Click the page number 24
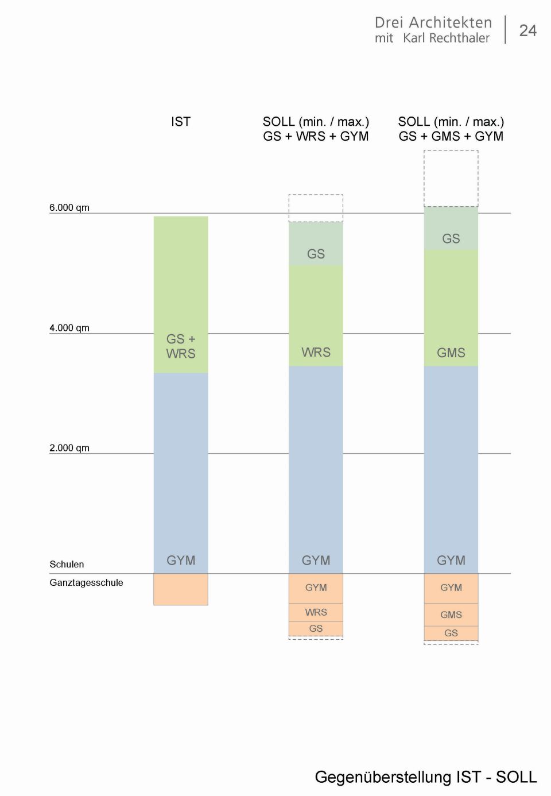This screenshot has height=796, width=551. (x=527, y=30)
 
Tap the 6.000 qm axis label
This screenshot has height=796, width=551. (x=69, y=207)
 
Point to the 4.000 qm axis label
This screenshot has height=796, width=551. (x=69, y=328)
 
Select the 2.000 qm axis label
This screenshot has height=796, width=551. (x=69, y=448)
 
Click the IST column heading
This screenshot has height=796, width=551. (x=180, y=122)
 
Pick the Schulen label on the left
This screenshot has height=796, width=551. (x=67, y=565)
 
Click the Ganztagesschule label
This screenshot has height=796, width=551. (x=86, y=582)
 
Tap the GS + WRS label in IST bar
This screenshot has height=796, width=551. (x=181, y=346)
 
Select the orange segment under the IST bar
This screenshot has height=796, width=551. (x=181, y=589)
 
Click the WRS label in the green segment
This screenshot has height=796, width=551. (x=316, y=352)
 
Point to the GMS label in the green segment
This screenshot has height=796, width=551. (x=451, y=353)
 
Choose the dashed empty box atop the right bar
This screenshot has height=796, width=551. (x=451, y=178)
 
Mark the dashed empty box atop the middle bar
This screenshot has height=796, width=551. (x=316, y=208)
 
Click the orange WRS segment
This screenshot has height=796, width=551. (x=316, y=612)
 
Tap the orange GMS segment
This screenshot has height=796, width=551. (x=451, y=615)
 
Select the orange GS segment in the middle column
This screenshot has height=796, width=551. (x=316, y=629)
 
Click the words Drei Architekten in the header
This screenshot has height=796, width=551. (x=433, y=22)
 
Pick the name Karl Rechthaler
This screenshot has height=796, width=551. (x=447, y=38)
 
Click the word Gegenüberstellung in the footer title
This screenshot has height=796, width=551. (x=383, y=777)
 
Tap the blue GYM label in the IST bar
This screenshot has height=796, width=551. (x=181, y=561)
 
